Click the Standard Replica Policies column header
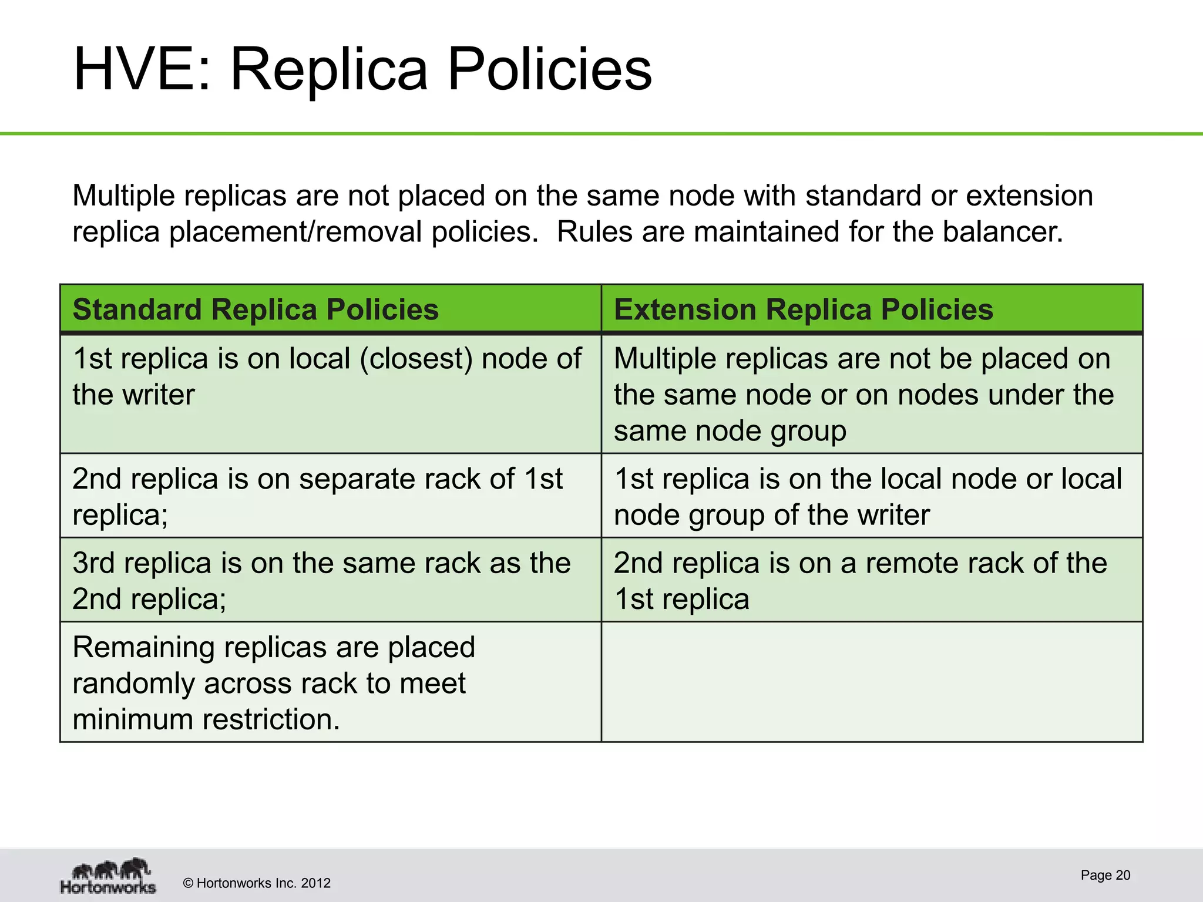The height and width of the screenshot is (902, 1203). tap(256, 309)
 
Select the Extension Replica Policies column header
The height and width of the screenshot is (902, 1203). tap(803, 309)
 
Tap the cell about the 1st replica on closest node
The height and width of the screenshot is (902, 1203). tap(330, 393)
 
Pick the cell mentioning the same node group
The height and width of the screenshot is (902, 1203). tap(872, 394)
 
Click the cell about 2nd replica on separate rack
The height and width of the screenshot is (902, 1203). tap(330, 496)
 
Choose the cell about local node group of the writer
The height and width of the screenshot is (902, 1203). tap(872, 496)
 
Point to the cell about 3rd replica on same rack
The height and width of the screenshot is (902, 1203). tap(330, 580)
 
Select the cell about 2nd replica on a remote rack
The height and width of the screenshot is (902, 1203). tap(872, 580)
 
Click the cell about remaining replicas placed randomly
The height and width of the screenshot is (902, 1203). tap(330, 682)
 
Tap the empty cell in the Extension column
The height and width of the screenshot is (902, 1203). tap(872, 682)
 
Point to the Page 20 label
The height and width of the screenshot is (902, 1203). tap(1105, 875)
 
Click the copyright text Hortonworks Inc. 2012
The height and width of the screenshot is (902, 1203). tap(257, 883)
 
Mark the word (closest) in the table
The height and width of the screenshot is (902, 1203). tap(415, 358)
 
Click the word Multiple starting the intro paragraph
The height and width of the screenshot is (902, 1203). tap(123, 196)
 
